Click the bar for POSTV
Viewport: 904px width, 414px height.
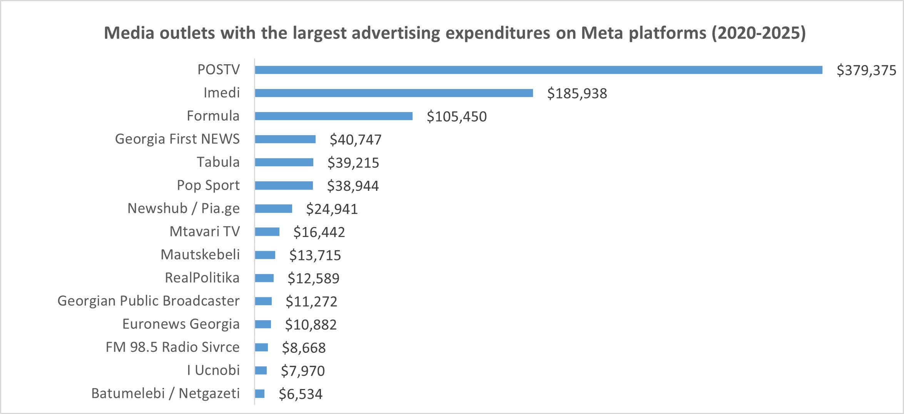click(538, 70)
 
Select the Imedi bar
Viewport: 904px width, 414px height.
click(394, 93)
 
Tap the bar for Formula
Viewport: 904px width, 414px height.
click(333, 116)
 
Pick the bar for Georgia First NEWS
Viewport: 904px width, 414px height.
click(285, 139)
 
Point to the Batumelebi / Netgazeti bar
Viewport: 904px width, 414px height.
click(260, 394)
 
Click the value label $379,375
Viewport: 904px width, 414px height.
click(866, 70)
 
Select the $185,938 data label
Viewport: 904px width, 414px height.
click(577, 93)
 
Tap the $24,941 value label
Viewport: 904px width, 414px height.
click(332, 209)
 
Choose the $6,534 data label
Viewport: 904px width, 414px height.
click(301, 394)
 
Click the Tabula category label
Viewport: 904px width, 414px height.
click(218, 162)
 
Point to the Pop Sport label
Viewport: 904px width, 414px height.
click(208, 185)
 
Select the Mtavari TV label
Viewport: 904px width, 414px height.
click(204, 232)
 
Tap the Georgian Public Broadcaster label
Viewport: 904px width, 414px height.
click(148, 301)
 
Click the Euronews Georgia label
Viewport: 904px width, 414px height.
click(180, 324)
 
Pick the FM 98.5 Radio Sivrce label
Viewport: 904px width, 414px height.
click(172, 347)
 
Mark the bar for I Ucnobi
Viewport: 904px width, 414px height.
click(261, 371)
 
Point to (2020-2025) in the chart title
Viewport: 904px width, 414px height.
click(758, 33)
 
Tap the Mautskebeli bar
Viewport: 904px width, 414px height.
click(265, 255)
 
